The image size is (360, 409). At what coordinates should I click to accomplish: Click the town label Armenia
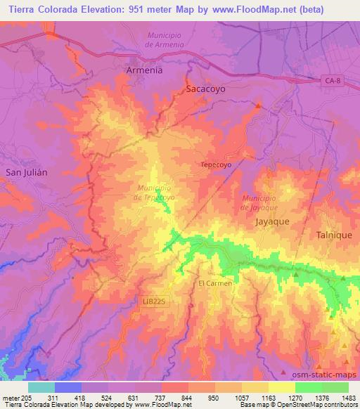[143, 71]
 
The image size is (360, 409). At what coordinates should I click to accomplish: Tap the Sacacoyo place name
[206, 90]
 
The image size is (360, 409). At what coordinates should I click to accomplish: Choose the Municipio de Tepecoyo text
[158, 193]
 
